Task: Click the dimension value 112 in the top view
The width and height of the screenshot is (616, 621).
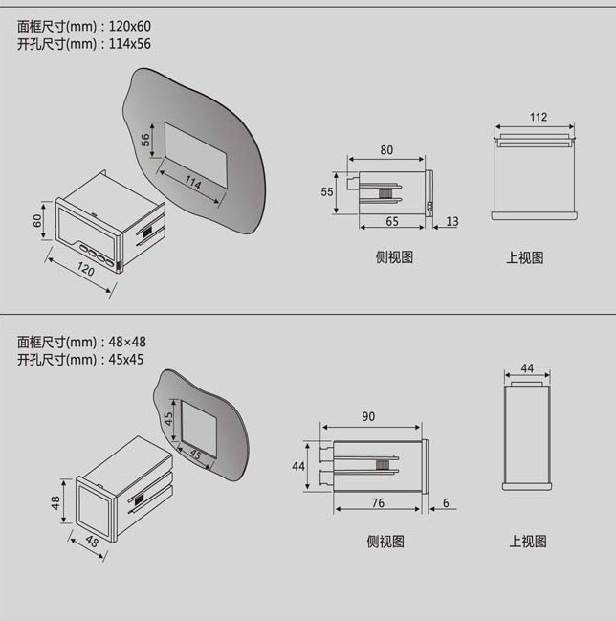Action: click(x=538, y=118)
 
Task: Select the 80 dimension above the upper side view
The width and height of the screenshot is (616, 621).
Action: click(x=386, y=150)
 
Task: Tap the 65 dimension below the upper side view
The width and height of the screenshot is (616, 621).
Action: click(x=392, y=221)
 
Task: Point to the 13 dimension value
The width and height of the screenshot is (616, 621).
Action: click(x=452, y=222)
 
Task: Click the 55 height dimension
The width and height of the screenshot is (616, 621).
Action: click(x=326, y=192)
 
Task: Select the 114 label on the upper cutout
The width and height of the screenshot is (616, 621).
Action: click(x=193, y=182)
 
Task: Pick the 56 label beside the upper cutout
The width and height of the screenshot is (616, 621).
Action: click(x=146, y=139)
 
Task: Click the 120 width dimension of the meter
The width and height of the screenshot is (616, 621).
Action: click(x=86, y=271)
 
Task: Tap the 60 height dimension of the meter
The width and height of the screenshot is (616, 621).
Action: click(x=38, y=221)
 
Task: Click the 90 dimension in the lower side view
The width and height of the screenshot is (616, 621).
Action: click(x=370, y=417)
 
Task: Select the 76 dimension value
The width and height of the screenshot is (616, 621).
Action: click(x=378, y=503)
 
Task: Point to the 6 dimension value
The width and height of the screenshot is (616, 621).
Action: click(x=446, y=503)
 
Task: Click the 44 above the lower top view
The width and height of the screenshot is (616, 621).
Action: click(x=527, y=368)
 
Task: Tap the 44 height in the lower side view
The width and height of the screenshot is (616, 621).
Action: click(x=297, y=466)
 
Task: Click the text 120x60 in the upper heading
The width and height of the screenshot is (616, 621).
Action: click(x=129, y=26)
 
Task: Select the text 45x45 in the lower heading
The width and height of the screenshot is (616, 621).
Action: click(x=124, y=360)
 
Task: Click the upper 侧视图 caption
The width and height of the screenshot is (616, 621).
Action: click(x=394, y=257)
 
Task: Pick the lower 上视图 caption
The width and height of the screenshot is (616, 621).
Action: click(x=527, y=542)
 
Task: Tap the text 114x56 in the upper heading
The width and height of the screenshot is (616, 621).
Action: click(x=129, y=44)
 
